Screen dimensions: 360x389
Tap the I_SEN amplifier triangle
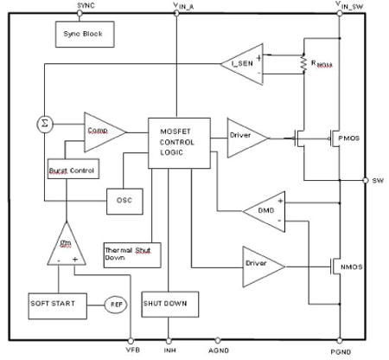[x=242, y=65]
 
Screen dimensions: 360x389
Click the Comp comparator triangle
[x=103, y=132]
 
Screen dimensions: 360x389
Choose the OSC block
[x=124, y=201]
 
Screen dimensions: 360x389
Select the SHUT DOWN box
[x=170, y=304]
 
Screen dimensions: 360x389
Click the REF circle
[x=115, y=304]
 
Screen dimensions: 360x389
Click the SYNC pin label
[x=86, y=5]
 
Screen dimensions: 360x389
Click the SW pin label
[x=377, y=182]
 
